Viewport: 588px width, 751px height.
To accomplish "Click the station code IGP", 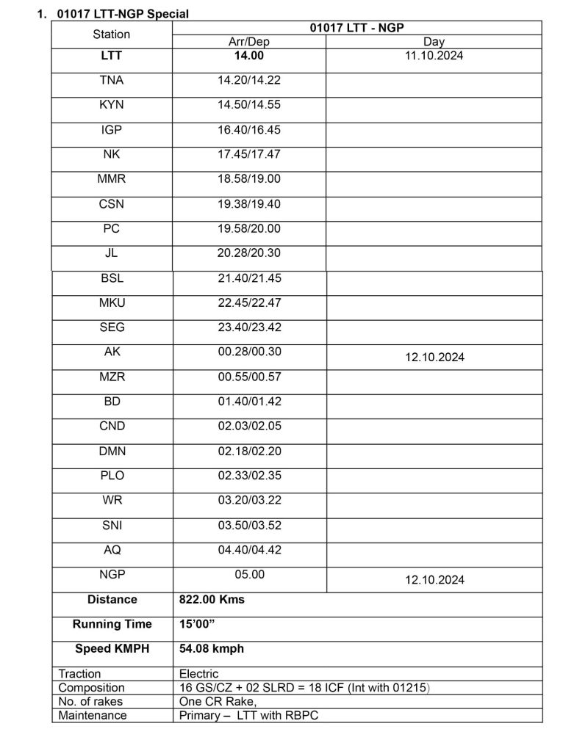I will coord(112,129).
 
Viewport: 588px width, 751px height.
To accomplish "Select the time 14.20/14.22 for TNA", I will coord(248,80).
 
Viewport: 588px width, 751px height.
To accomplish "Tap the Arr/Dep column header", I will coord(248,42).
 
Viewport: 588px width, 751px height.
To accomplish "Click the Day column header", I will coord(434,42).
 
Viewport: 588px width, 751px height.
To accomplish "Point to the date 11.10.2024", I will coord(434,55).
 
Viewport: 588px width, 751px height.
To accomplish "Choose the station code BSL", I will coord(112,278).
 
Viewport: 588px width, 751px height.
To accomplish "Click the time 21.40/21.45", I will coord(248,278).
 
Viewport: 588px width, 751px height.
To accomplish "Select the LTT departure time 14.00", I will coord(248,55).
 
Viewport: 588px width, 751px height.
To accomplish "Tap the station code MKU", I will coord(112,302).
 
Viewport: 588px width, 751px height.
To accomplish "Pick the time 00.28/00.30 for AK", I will coord(248,352).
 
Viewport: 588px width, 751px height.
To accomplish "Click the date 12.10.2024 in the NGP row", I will coord(434,580).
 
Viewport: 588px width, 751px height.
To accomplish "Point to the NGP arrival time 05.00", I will coord(248,575).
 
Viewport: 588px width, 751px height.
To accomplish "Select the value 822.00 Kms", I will coord(212,600).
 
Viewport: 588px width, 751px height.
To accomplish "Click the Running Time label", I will coord(112,624).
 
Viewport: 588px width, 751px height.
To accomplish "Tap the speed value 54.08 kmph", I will coord(212,649).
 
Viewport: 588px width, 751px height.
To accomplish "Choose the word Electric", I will coord(198,673).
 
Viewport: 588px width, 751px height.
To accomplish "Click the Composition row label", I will coord(91,688).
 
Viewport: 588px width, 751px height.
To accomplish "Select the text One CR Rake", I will coord(215,701).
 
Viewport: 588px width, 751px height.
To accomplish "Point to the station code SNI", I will coord(112,525).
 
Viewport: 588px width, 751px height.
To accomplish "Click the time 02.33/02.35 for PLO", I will coord(248,476).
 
